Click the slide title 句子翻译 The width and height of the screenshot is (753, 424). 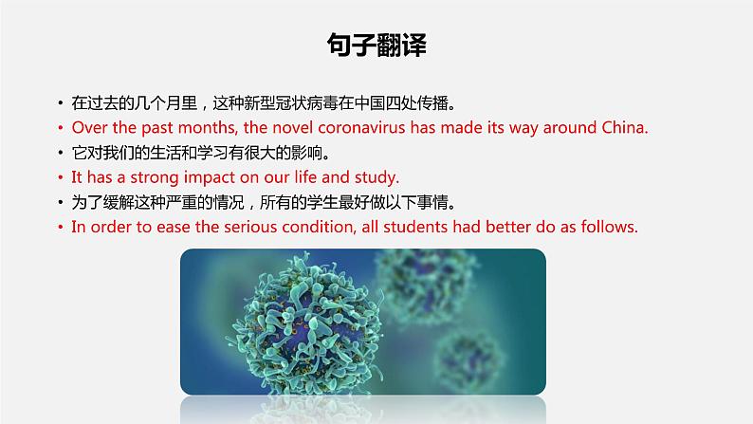coord(376,46)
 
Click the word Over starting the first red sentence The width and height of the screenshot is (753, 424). coord(89,128)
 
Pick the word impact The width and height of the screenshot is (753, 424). coord(210,177)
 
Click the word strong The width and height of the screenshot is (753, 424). coord(155,177)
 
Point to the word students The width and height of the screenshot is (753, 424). coord(415,227)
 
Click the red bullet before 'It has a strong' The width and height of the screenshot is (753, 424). coord(61,177)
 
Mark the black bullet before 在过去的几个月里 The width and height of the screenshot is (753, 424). coord(61,102)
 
